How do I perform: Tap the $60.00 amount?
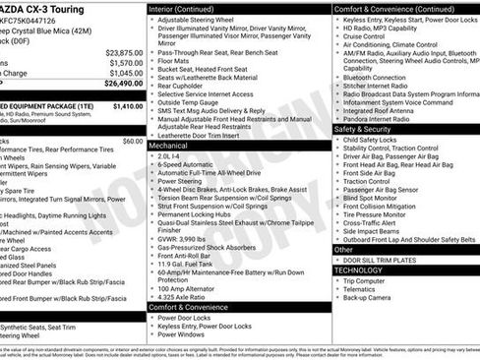tap(132, 141)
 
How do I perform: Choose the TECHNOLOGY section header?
tap(358, 270)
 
